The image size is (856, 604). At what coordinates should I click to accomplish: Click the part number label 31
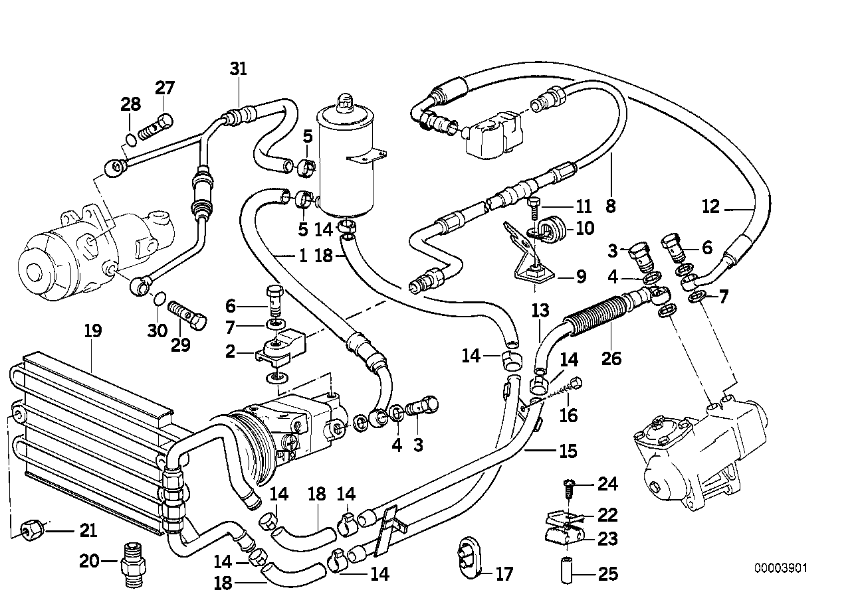click(238, 70)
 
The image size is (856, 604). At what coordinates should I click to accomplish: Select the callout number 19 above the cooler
click(92, 331)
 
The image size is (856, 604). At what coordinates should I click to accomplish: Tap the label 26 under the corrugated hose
click(611, 358)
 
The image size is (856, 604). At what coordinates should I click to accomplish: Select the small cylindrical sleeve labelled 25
click(566, 571)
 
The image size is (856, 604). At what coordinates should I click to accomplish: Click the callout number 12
click(710, 207)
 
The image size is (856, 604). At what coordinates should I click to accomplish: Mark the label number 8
click(610, 206)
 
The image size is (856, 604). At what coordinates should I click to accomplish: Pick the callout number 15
click(568, 451)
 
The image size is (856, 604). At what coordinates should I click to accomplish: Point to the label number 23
click(607, 539)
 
